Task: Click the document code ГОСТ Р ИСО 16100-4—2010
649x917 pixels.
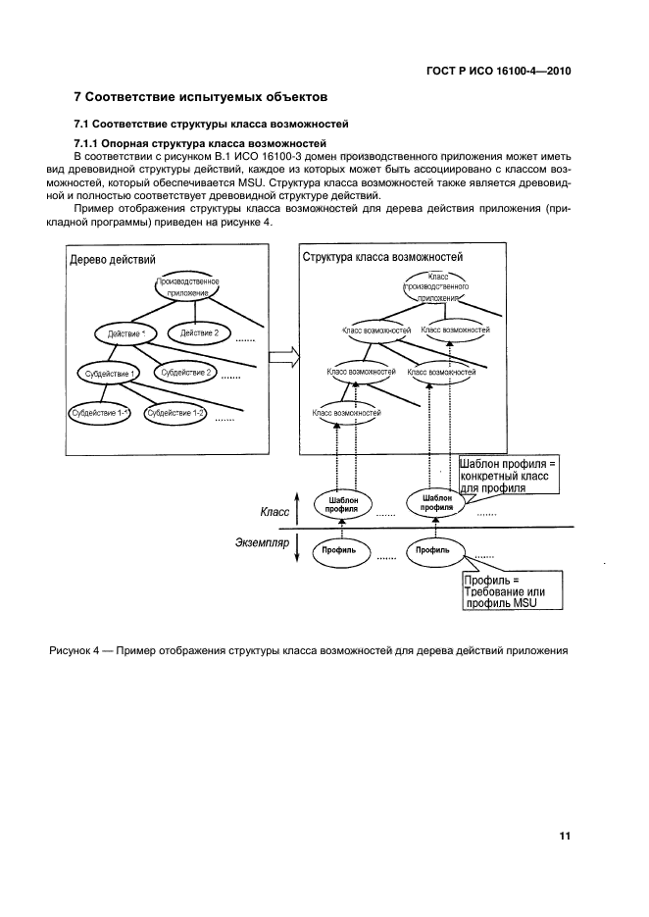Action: (500, 70)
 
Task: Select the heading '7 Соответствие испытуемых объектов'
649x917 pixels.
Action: (202, 98)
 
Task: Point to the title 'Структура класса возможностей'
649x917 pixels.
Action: (382, 257)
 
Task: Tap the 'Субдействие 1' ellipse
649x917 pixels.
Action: (107, 374)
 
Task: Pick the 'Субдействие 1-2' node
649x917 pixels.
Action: (175, 413)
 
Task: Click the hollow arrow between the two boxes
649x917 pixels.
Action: (282, 356)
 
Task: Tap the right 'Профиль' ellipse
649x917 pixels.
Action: (432, 551)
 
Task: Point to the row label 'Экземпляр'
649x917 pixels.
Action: (265, 542)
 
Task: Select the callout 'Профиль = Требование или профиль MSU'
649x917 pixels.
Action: (512, 591)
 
